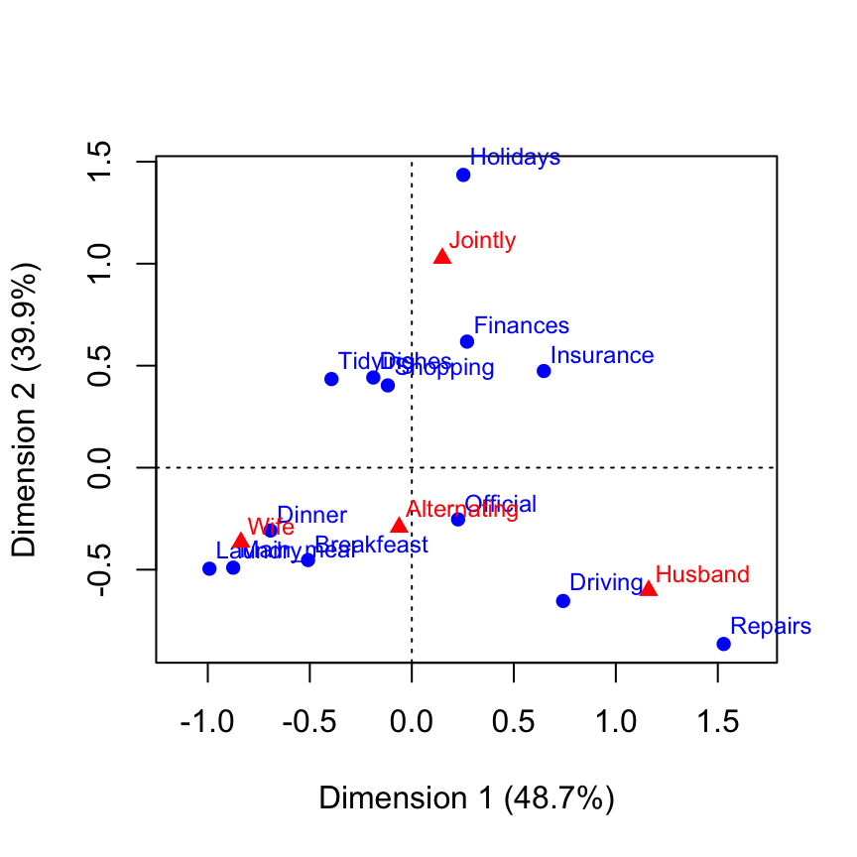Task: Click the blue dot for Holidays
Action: click(x=463, y=176)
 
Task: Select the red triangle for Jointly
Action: click(x=442, y=257)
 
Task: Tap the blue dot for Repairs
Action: click(x=723, y=645)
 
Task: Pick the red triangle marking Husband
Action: click(x=648, y=589)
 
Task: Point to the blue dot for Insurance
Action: click(x=544, y=371)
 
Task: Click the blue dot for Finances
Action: click(x=467, y=342)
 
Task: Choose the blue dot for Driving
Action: click(x=563, y=601)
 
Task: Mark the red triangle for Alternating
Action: click(x=399, y=526)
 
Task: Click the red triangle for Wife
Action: click(x=241, y=541)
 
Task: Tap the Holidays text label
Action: click(x=515, y=157)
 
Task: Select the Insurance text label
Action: click(x=602, y=356)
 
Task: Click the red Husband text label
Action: click(x=702, y=574)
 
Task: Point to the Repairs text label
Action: click(x=771, y=627)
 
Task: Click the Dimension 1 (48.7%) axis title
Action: click(x=466, y=798)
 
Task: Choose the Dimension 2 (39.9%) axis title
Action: click(x=27, y=410)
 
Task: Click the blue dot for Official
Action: click(x=458, y=520)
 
